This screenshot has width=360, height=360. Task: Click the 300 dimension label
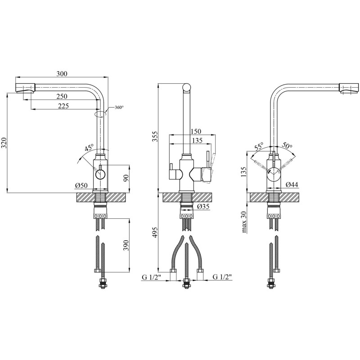point(62,74)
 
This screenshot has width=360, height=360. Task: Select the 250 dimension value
point(62,96)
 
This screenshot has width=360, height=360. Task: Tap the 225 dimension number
point(63,106)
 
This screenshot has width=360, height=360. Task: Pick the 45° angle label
point(89,148)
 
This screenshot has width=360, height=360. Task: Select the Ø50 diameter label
point(81,185)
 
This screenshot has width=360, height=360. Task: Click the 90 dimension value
point(126,178)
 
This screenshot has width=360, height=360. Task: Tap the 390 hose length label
point(126,245)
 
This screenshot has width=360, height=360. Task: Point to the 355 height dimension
point(155,137)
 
